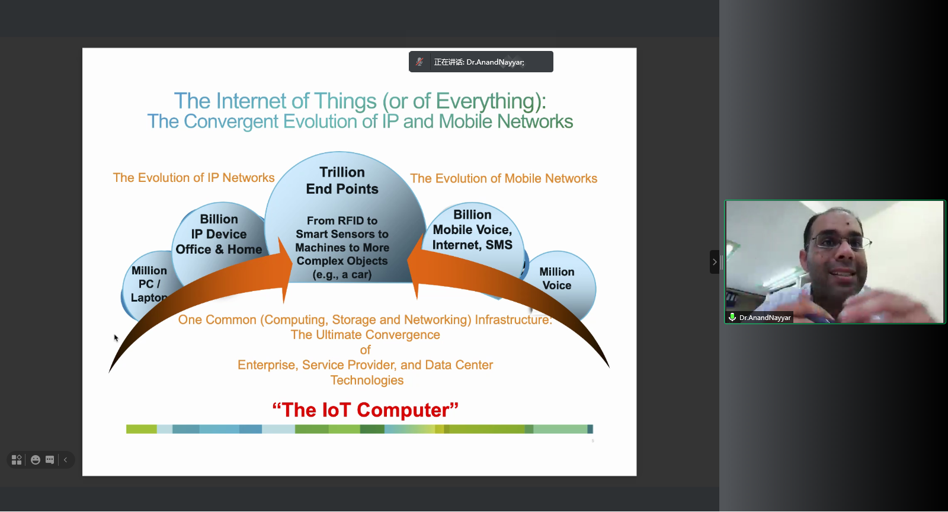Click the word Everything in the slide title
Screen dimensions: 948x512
point(485,101)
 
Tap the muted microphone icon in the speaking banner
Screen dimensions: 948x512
point(419,62)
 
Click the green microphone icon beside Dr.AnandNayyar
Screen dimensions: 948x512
point(732,318)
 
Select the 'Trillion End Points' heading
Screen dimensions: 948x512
point(342,181)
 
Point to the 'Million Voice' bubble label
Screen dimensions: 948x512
point(556,279)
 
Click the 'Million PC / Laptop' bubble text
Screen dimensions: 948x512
point(149,284)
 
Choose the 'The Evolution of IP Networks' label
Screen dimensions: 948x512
point(193,178)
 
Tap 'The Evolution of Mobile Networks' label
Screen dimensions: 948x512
point(504,178)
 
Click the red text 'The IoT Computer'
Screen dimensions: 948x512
point(365,410)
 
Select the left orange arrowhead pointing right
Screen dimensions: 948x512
point(284,270)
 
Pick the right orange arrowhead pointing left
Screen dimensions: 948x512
point(415,267)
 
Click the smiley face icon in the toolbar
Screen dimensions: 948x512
point(36,460)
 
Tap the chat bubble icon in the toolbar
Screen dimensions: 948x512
point(50,460)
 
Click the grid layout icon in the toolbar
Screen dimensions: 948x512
point(17,460)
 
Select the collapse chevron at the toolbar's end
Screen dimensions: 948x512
point(66,460)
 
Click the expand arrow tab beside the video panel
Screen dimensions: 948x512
point(715,262)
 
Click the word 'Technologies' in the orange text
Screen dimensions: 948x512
point(367,380)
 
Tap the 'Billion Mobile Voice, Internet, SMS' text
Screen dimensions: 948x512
point(472,230)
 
